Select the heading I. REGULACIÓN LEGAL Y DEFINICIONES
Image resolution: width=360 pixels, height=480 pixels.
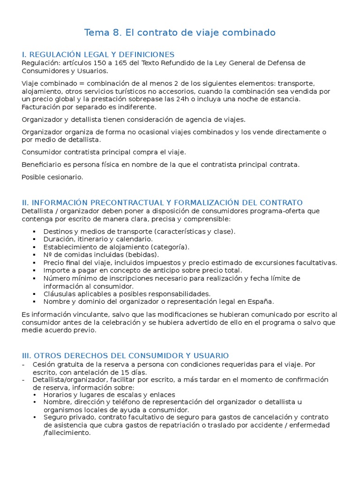tap(98, 55)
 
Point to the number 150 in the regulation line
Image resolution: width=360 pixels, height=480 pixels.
tap(87, 63)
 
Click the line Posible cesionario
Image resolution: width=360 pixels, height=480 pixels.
tap(52, 177)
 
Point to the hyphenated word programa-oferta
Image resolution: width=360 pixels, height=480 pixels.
tap(279, 211)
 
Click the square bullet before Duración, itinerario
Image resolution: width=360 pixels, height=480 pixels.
tap(35, 240)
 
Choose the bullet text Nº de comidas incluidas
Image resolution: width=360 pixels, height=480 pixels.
tap(101, 255)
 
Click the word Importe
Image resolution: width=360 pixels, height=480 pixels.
tap(57, 270)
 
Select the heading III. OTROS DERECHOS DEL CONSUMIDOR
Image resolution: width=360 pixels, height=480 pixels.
tap(125, 356)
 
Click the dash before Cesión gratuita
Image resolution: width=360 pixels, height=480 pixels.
tap(23, 364)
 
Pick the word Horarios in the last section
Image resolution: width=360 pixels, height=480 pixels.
tap(58, 395)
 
